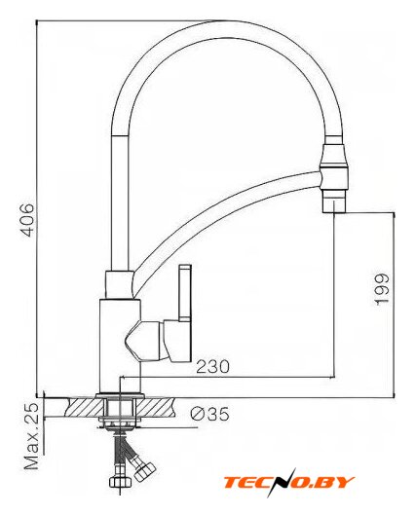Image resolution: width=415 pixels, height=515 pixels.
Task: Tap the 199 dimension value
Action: (382, 289)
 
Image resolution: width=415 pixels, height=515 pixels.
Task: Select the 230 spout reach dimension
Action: (212, 366)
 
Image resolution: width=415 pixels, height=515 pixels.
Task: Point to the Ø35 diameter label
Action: (209, 414)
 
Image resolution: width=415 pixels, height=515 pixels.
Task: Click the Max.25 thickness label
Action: (32, 435)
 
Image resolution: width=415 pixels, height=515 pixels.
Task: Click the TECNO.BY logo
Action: (288, 482)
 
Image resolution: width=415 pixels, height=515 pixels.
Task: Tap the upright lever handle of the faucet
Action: (185, 293)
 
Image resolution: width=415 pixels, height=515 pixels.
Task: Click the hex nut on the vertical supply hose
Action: (120, 482)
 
